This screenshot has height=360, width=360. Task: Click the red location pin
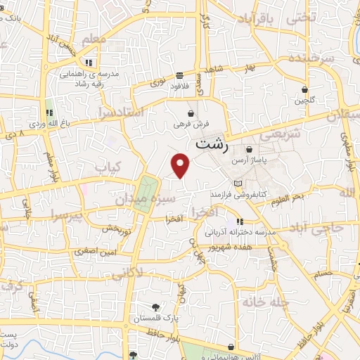point(181,165)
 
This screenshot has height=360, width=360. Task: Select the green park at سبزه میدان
point(146,191)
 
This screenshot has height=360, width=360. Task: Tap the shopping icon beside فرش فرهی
point(191,113)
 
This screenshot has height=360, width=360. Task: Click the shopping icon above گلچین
point(304,89)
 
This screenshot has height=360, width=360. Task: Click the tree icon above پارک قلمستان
point(155,307)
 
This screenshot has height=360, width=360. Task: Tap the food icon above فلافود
point(181,75)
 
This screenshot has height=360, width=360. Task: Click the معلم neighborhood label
point(94,40)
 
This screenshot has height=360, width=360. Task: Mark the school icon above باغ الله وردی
point(49,113)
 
